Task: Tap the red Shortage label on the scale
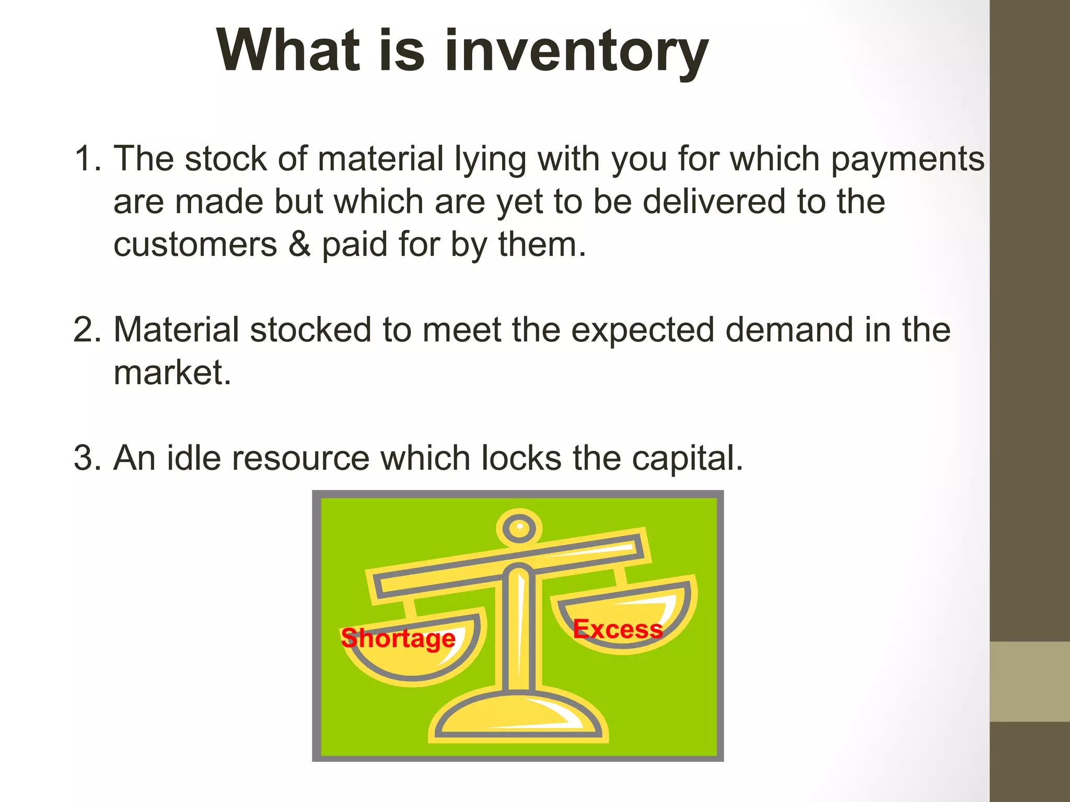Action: click(398, 638)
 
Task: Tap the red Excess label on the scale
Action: click(618, 629)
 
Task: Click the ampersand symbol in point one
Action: click(299, 244)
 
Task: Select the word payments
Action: click(908, 159)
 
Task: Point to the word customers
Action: click(195, 244)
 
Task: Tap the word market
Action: click(172, 373)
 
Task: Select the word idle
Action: click(193, 458)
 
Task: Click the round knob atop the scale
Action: click(519, 528)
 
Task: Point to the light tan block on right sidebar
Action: click(1029, 681)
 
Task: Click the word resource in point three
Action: click(300, 458)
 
